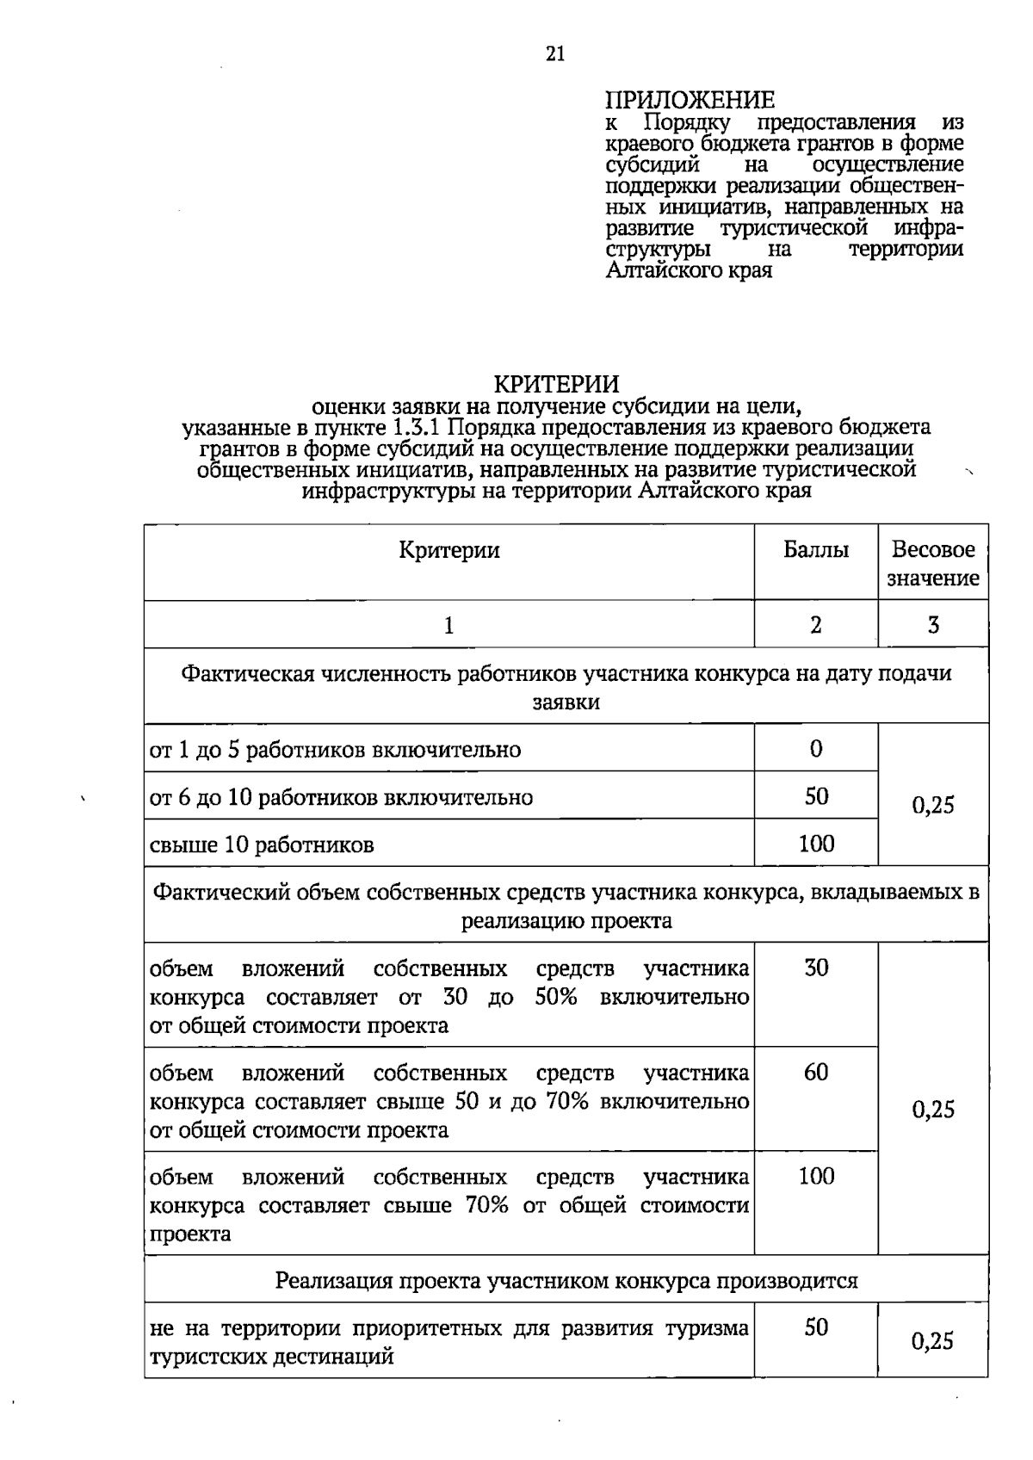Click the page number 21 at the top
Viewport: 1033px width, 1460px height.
click(x=555, y=54)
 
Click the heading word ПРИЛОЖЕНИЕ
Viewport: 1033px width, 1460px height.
click(x=690, y=101)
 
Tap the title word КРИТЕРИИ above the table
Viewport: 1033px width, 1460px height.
click(x=555, y=384)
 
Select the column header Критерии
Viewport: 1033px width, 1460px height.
click(x=448, y=550)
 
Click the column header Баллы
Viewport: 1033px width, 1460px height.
click(x=815, y=550)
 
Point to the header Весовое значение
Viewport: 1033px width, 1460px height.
click(x=933, y=564)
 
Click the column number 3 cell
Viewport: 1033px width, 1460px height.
click(x=933, y=625)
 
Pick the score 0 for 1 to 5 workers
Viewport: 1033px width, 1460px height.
click(x=815, y=748)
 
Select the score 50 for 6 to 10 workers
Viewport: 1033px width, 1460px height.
click(x=815, y=795)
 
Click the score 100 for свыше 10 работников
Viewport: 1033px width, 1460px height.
click(x=815, y=844)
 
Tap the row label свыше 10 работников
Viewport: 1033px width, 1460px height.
click(x=262, y=844)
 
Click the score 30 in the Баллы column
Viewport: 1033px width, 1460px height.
click(x=815, y=968)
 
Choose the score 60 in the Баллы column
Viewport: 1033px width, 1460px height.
click(x=815, y=1072)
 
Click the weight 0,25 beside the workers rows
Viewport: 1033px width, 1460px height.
click(x=933, y=805)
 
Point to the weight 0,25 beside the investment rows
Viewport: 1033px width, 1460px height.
click(x=933, y=1109)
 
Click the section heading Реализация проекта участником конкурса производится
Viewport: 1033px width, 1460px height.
click(x=566, y=1281)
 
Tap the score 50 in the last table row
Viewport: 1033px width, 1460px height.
click(x=815, y=1327)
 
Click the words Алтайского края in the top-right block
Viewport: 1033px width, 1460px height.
click(x=689, y=270)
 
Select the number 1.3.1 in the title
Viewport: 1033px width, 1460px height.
click(x=418, y=427)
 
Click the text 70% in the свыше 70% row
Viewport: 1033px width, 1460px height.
click(x=486, y=1205)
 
